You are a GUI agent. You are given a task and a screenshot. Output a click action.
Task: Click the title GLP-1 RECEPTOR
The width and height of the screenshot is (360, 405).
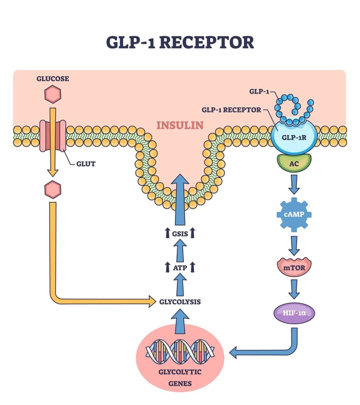[x=180, y=42]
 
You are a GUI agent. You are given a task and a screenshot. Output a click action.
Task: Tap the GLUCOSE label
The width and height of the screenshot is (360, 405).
[x=53, y=79]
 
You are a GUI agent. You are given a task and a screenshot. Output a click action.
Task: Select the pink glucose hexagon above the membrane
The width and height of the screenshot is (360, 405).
[x=53, y=95]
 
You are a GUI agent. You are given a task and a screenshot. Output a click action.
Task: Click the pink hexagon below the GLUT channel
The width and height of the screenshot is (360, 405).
[x=53, y=189]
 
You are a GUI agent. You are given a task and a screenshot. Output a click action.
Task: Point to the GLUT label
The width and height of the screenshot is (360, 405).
[x=85, y=164]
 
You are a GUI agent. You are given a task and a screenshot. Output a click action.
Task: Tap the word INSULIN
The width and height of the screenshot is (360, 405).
[x=179, y=125]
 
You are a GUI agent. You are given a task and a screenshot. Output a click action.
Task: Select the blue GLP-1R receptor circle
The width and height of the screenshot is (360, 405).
[x=294, y=136]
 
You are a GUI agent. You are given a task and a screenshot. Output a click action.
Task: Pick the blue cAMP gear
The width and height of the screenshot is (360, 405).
[x=294, y=214]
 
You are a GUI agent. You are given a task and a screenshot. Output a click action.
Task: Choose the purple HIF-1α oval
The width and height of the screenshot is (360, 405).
[x=294, y=312]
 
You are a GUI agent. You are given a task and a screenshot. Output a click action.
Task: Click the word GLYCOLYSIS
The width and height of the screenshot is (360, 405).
[x=180, y=302]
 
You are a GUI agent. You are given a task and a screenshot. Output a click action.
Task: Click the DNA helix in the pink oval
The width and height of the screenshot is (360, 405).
[x=180, y=351]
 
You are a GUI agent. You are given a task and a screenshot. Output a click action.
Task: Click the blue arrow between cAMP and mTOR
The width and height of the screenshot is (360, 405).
[x=294, y=245]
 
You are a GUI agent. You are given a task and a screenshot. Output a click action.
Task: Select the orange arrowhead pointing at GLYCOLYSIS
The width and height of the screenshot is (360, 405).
[x=152, y=302]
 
